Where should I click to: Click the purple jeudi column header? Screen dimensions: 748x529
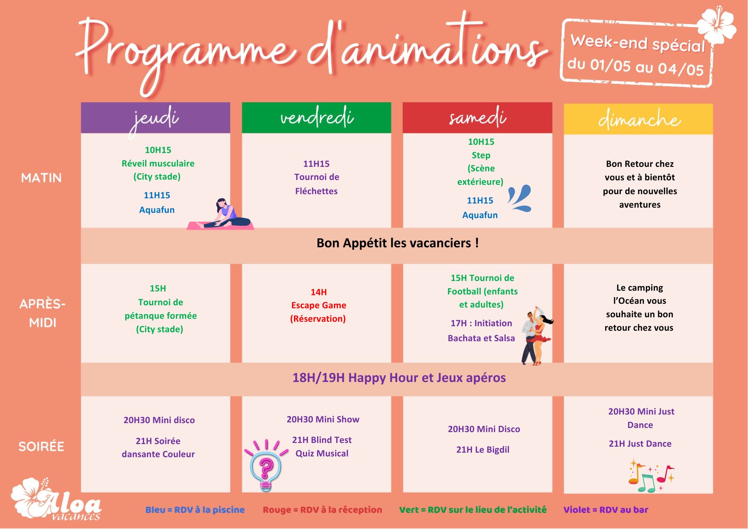[x=156, y=118]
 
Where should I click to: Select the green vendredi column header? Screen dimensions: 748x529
[x=316, y=118]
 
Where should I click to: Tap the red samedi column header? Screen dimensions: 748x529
[x=478, y=118]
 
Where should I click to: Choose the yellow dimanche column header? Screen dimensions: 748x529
[x=638, y=119]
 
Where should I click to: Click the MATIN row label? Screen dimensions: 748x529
[x=42, y=178]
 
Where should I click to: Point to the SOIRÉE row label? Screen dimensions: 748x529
[x=42, y=446]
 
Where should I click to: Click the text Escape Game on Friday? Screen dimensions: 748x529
[x=319, y=305]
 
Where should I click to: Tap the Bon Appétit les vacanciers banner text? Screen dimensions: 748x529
[x=398, y=243]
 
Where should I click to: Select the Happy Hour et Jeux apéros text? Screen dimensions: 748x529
[x=399, y=378]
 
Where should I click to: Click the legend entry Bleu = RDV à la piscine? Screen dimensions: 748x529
[x=195, y=510]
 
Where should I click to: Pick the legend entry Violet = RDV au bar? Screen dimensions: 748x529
[x=606, y=510]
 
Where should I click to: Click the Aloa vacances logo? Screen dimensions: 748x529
[x=56, y=499]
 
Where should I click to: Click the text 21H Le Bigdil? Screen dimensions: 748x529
[x=482, y=450]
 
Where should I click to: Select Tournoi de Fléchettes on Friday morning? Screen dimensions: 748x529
[x=316, y=184]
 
